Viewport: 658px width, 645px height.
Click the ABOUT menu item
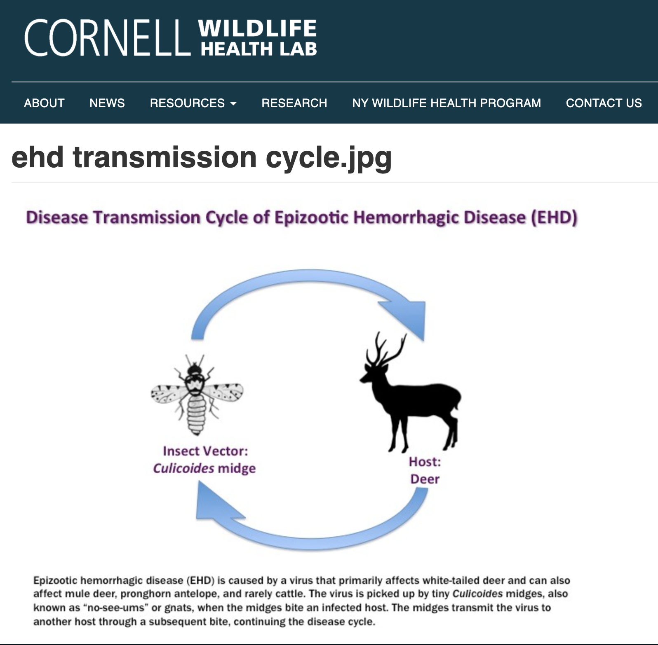[x=44, y=103]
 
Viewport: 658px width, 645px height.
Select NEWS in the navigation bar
[x=107, y=103]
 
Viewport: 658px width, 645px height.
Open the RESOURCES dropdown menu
[x=193, y=103]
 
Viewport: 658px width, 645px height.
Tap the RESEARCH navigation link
[x=294, y=103]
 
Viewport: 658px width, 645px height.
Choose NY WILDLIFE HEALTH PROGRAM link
[x=446, y=103]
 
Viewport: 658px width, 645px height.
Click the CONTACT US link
[x=604, y=103]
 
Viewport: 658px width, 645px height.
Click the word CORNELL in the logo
[x=108, y=37]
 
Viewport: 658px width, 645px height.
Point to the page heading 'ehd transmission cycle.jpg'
[x=202, y=157]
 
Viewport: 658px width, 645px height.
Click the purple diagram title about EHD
[x=301, y=217]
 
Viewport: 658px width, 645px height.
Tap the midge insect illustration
[x=197, y=395]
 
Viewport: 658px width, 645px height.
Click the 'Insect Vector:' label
[x=205, y=451]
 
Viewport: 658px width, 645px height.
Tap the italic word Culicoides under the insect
[x=183, y=468]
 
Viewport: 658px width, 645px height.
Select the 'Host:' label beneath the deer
[x=425, y=462]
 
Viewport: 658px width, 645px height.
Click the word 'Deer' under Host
[x=425, y=479]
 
